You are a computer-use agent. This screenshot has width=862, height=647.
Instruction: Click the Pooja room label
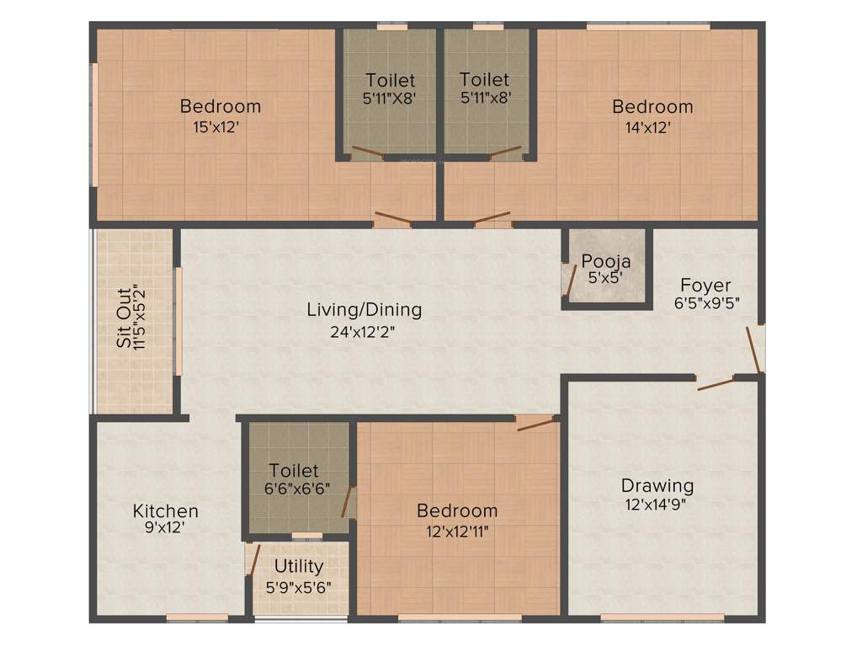[x=606, y=261]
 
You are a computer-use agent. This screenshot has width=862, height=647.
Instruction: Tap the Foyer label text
[x=706, y=285]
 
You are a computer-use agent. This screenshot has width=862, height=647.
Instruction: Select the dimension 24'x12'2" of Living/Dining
[x=363, y=332]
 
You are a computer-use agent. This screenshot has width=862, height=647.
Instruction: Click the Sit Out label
[x=124, y=318]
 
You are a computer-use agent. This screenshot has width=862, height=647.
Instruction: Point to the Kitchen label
[x=166, y=511]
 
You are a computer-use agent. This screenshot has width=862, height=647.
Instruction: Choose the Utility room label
[x=298, y=566]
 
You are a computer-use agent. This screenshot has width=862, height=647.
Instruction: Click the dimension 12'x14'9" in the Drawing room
[x=657, y=505]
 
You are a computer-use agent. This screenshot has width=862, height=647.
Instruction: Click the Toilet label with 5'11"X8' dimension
[x=390, y=80]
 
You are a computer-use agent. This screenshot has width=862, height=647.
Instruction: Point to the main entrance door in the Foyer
[x=754, y=349]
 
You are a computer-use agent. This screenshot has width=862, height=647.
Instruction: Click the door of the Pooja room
[x=570, y=281]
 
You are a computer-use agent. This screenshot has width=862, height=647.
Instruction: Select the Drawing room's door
[x=715, y=384]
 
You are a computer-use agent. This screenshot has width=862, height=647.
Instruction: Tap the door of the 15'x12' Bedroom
[x=392, y=219]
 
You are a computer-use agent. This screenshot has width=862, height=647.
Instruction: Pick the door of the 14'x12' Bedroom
[x=492, y=218]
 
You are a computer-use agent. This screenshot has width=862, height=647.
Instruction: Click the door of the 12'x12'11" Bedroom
[x=537, y=422]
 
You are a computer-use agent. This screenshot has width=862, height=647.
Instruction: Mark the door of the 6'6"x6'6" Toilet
[x=346, y=502]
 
